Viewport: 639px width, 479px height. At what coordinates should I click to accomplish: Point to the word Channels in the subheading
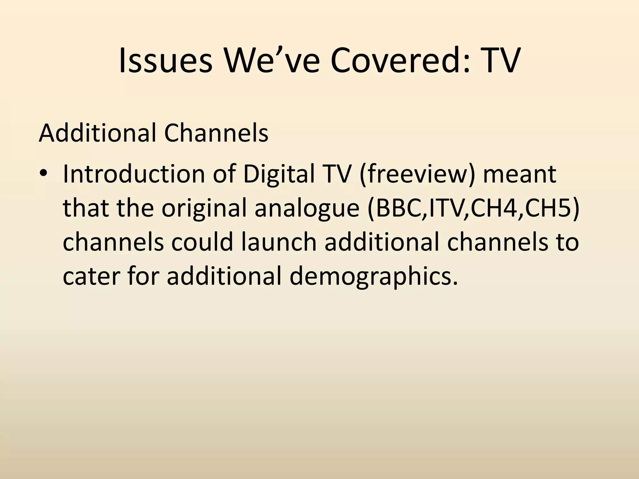tap(216, 133)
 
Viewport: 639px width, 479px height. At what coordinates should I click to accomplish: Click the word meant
tap(519, 174)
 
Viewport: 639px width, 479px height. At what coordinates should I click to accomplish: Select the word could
tap(202, 242)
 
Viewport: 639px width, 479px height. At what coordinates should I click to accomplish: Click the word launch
tap(279, 242)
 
